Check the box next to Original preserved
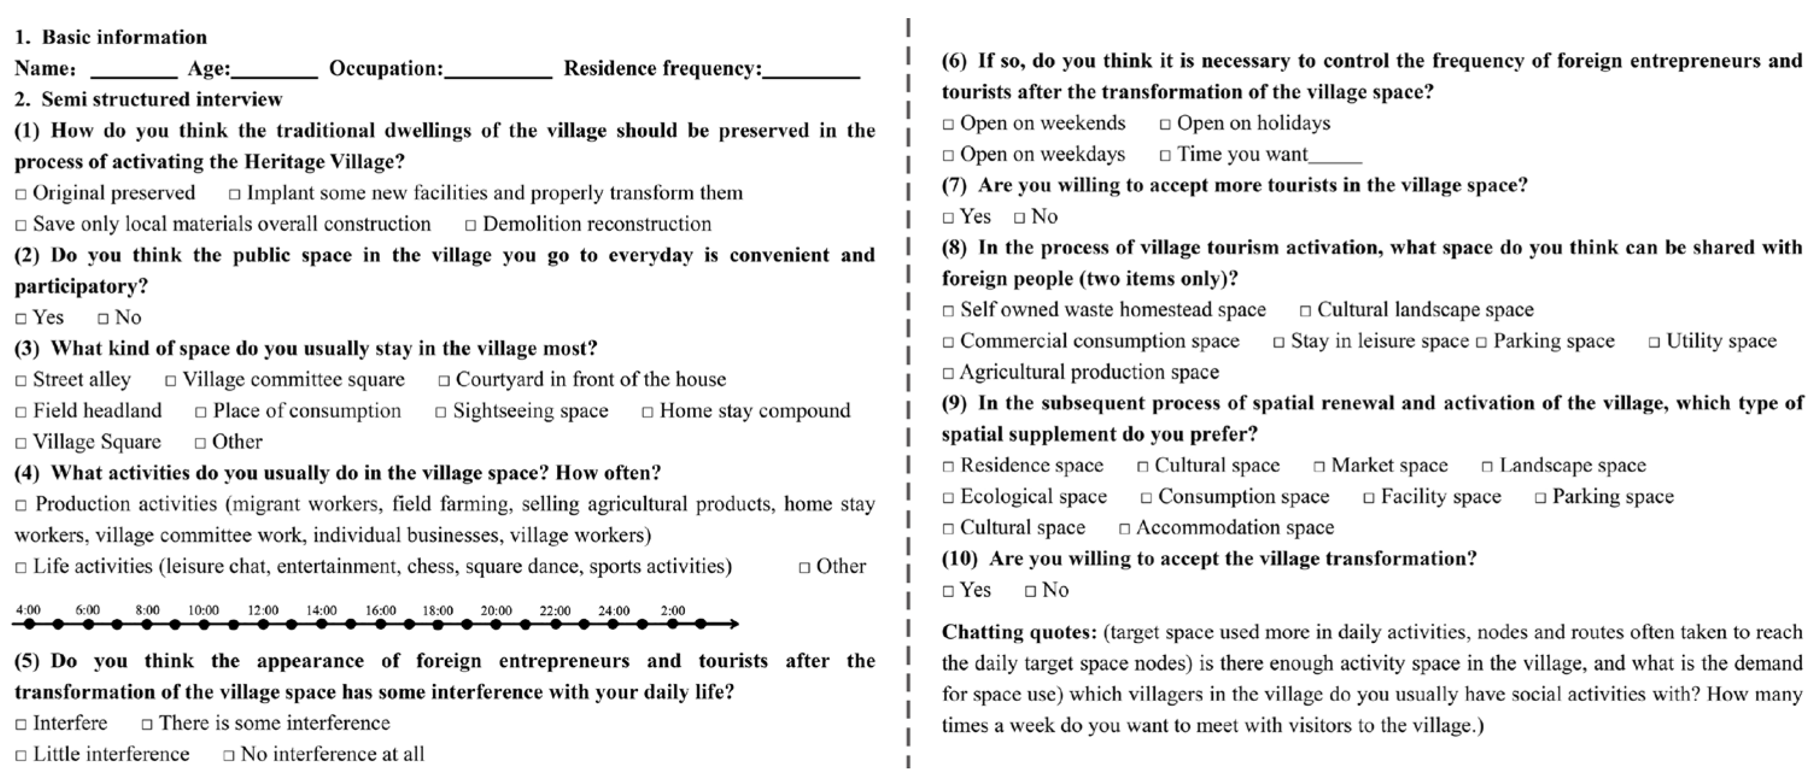point(21,194)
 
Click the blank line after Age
point(275,71)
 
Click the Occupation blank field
point(498,71)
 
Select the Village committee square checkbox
point(171,381)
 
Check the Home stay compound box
point(647,412)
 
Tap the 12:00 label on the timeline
point(263,610)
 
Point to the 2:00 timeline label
point(672,610)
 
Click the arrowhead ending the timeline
point(734,624)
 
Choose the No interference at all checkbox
point(229,755)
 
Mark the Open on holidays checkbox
point(1165,124)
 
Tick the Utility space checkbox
point(1654,343)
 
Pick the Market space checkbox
point(1319,467)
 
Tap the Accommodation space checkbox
point(1124,529)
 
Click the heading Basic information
point(124,37)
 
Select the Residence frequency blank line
point(811,71)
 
